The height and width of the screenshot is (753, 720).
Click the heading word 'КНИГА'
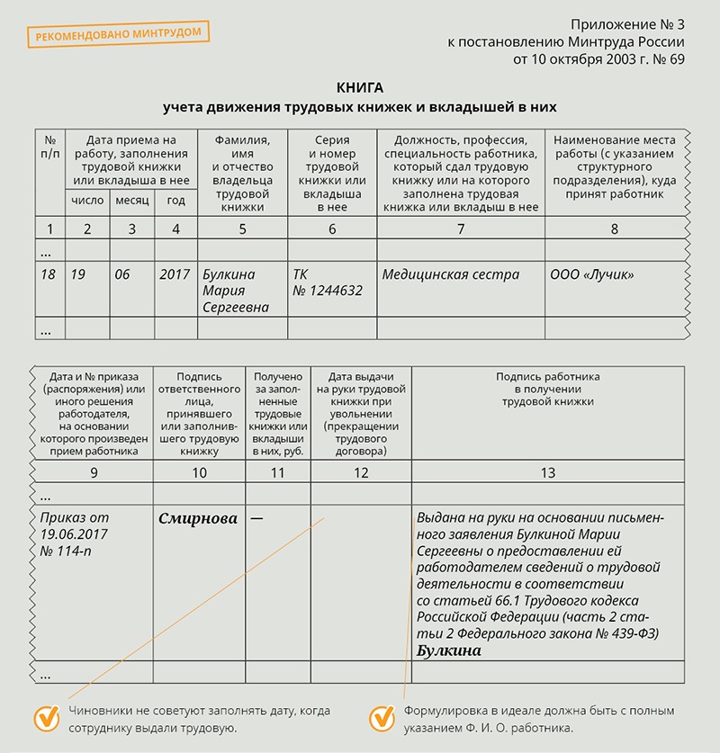coord(359,87)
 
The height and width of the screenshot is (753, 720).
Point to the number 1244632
coord(334,291)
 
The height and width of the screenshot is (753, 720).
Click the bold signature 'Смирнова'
coord(198,518)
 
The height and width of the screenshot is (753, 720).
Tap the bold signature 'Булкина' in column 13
coord(449,650)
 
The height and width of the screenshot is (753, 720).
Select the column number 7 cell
coord(460,229)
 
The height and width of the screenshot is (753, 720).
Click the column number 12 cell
coord(360,472)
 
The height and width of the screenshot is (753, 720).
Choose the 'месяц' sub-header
coord(131,201)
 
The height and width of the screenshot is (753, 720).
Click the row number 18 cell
coord(49,274)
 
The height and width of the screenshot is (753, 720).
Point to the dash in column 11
coord(257,518)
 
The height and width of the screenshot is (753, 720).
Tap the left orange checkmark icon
coord(46,717)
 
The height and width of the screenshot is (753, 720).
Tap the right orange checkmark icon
coord(382,717)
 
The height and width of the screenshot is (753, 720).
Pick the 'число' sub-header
coord(86,201)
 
